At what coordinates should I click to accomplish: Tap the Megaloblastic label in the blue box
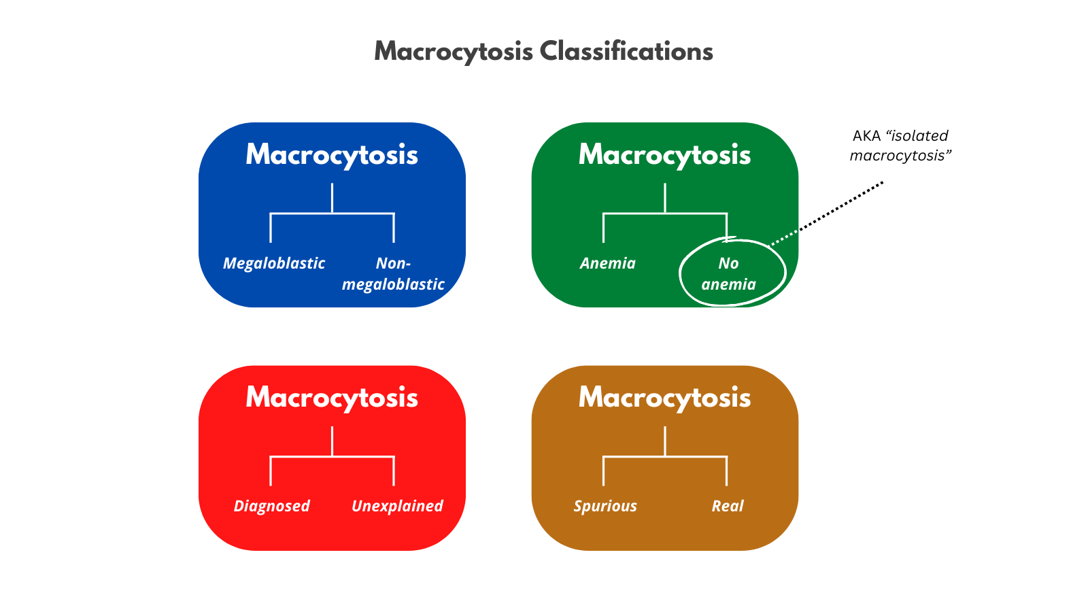click(274, 263)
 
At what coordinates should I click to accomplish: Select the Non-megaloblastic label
click(393, 274)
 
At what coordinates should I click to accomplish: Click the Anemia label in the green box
click(607, 263)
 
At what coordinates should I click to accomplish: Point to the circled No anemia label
click(729, 274)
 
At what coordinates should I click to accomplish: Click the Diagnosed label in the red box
click(271, 506)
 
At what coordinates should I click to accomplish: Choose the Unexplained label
click(397, 506)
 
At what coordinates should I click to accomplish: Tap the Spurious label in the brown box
click(605, 506)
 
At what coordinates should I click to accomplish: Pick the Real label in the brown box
click(727, 506)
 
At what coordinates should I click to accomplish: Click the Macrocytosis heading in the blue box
click(332, 155)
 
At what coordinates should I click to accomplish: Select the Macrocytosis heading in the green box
click(664, 155)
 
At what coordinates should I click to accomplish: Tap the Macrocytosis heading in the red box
click(332, 398)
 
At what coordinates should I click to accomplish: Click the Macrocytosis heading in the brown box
click(664, 398)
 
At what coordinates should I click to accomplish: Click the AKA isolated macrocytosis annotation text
click(899, 146)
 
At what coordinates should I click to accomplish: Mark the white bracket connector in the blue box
click(332, 214)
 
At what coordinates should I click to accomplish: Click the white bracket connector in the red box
click(332, 456)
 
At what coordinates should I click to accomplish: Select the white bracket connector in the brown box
click(664, 456)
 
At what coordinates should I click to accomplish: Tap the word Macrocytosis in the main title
click(454, 52)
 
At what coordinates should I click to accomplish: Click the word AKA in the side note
click(866, 136)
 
